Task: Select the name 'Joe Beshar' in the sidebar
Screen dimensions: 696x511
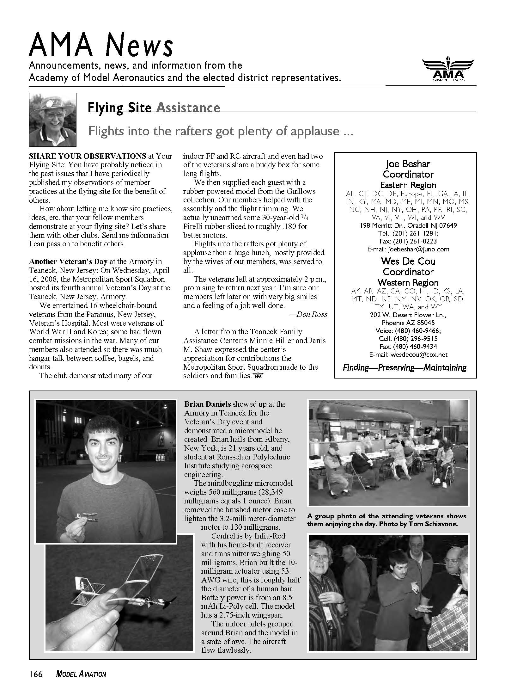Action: [x=408, y=164]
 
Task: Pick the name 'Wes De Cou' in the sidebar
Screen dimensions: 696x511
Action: [x=408, y=261]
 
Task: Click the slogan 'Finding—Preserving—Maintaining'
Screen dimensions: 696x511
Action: [x=405, y=367]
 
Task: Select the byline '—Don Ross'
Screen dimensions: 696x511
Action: [x=308, y=314]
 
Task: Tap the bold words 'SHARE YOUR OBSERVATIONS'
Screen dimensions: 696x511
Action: [x=88, y=156]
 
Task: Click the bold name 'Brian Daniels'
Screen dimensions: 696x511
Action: [x=208, y=404]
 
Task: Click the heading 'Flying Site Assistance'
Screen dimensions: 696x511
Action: [x=154, y=108]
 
